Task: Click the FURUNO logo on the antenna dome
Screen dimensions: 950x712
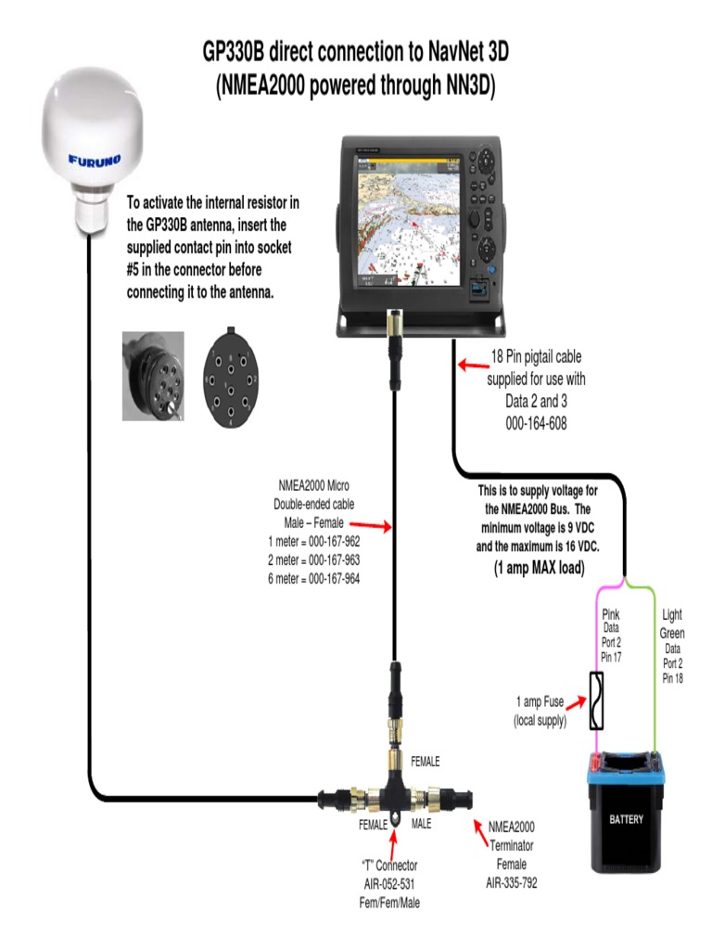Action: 94,160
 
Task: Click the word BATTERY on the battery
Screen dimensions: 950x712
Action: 626,819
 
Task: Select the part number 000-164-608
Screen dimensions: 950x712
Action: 536,422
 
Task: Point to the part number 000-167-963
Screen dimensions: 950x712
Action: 313,560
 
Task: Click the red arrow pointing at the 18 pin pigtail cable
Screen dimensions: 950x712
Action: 472,366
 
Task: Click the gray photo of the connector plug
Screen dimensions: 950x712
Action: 153,376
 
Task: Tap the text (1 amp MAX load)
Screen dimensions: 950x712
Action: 539,568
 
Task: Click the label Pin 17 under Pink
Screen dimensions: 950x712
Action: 611,657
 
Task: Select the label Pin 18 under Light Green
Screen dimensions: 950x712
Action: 672,678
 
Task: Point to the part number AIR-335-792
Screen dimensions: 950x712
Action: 511,882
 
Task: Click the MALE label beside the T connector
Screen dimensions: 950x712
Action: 422,824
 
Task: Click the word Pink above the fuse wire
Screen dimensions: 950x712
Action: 611,614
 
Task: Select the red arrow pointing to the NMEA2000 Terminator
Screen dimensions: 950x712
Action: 482,834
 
